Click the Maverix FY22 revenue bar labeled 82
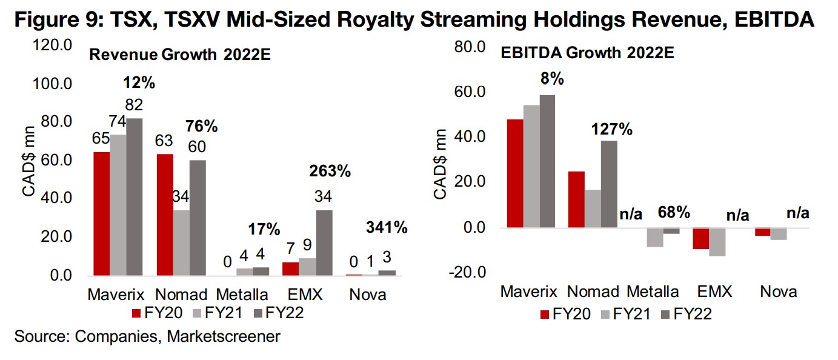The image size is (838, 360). [x=134, y=196]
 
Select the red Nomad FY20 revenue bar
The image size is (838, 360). [x=165, y=215]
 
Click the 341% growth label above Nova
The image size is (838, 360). [x=387, y=228]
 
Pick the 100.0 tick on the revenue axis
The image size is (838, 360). [x=55, y=83]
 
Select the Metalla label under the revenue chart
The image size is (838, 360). [x=242, y=295]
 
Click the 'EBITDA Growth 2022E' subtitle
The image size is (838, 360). [x=587, y=52]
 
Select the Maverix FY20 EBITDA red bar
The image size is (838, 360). [x=515, y=173]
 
